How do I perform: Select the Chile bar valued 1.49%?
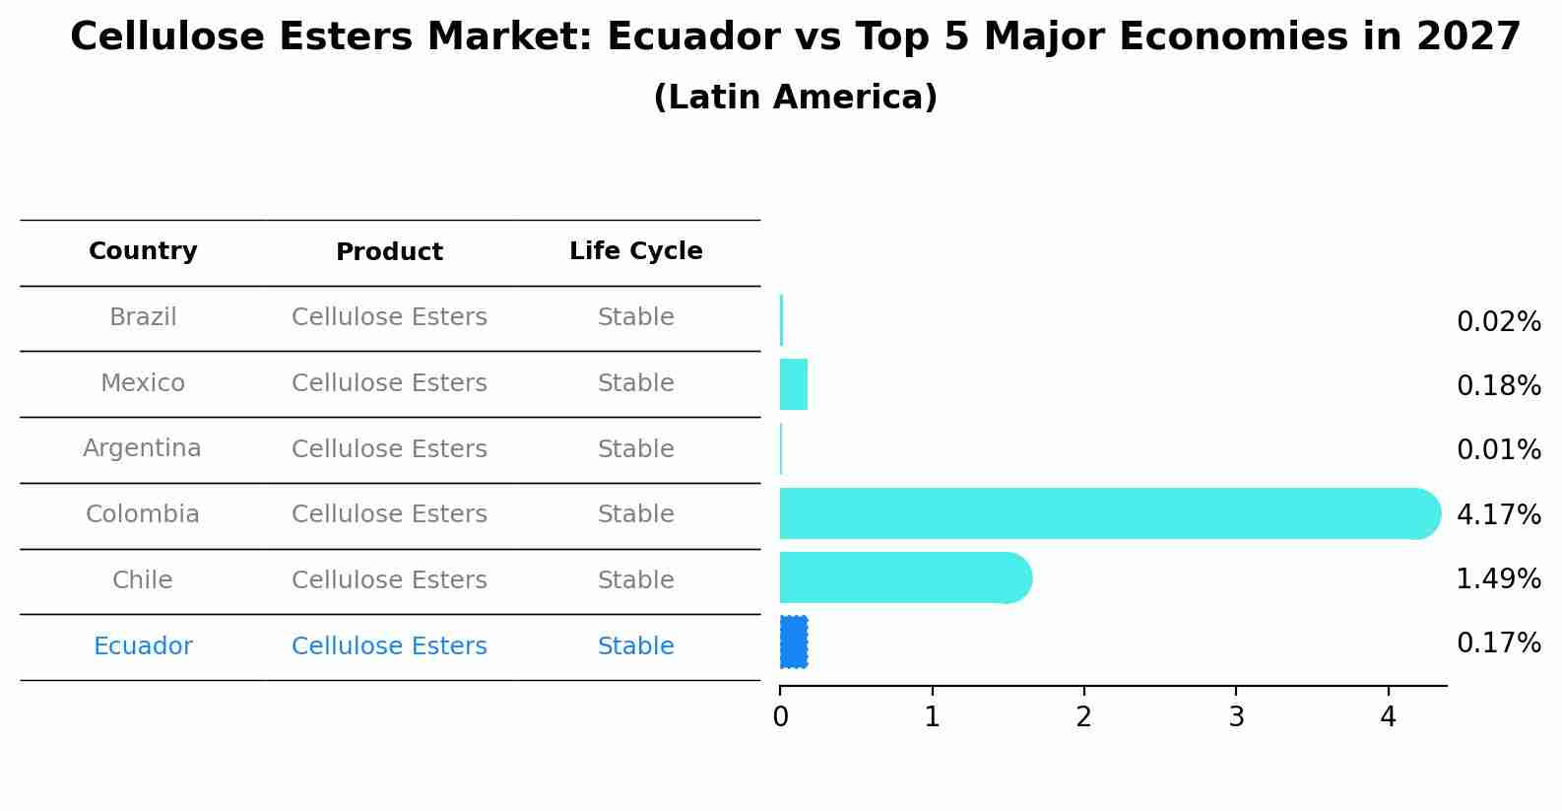pos(901,577)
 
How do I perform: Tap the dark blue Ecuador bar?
pos(794,642)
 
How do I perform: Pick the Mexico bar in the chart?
pos(794,384)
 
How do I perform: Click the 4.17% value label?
pos(1498,514)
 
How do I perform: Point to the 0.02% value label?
pos(1498,322)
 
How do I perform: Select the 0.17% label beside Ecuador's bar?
pos(1498,643)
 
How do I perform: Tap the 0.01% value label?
pos(1498,450)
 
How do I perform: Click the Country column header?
pos(143,251)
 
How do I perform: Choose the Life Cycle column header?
pos(635,251)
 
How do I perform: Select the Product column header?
pos(389,252)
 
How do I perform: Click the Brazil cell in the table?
pos(143,317)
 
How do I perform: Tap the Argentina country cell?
pos(142,448)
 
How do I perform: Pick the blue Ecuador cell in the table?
pos(143,646)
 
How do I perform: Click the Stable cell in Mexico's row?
pos(635,383)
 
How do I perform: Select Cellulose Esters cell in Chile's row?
pos(389,580)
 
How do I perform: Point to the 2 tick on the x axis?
pos(1083,717)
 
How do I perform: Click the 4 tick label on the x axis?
pos(1388,717)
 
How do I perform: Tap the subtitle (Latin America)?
pos(795,98)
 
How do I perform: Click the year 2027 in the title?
pos(1468,37)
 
